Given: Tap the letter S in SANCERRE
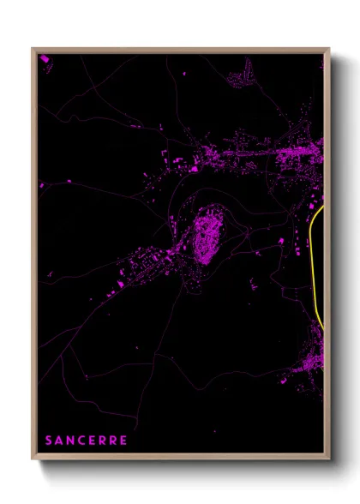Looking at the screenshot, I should (49, 441).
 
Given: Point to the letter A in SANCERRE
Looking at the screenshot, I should (59, 441).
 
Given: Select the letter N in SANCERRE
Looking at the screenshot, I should (70, 441).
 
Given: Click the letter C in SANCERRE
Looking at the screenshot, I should (81, 441).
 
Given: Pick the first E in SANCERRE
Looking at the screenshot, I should (93, 441).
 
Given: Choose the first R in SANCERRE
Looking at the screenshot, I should (103, 441).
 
